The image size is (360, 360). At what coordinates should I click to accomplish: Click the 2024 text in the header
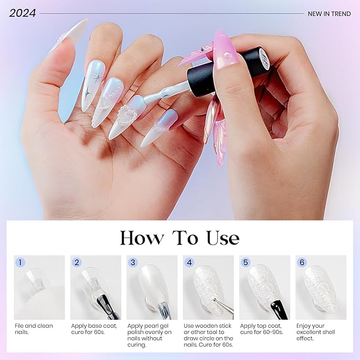tap(22, 13)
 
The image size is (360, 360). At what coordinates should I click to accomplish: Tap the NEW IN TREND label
tap(329, 14)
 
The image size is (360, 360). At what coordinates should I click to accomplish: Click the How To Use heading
tap(180, 238)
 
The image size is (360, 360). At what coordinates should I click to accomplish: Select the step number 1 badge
tap(20, 262)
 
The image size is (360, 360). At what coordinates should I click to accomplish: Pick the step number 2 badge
tap(77, 262)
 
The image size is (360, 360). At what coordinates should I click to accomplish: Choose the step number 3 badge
tap(133, 262)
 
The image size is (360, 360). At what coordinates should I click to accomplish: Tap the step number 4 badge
tap(189, 262)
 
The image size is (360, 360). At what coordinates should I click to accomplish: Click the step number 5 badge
tap(245, 262)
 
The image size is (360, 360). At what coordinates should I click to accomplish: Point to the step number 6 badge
tap(302, 262)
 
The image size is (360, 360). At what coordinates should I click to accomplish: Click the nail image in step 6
tap(321, 288)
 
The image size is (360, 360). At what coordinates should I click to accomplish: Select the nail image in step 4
tap(208, 288)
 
